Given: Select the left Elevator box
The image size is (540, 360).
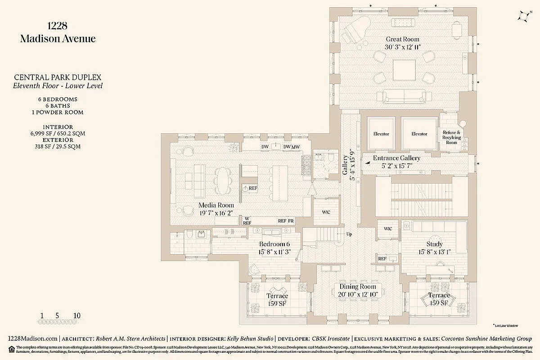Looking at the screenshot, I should (x=381, y=134).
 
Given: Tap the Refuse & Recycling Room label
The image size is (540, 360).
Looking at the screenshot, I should (x=451, y=137).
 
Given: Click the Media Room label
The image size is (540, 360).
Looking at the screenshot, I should (x=216, y=205).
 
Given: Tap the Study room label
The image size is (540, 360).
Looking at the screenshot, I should (x=434, y=244).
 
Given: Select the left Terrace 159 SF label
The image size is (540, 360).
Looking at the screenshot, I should (x=277, y=299).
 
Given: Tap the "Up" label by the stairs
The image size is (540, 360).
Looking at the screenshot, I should (x=349, y=234).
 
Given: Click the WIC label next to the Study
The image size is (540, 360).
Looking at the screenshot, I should (x=387, y=229).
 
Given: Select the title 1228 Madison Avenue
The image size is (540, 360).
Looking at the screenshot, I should (x=58, y=32).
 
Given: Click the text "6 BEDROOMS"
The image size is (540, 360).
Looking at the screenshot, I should (x=57, y=99).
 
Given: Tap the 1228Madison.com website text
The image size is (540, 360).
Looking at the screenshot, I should (x=33, y=338).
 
